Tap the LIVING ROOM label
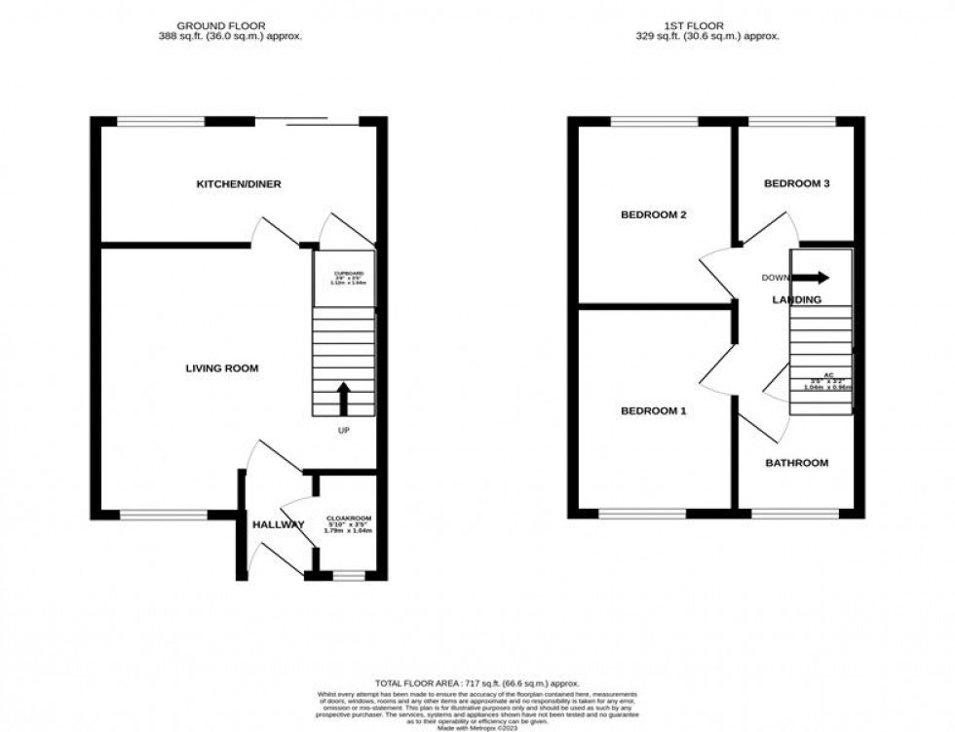click(x=222, y=368)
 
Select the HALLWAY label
click(x=279, y=524)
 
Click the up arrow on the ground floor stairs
click(x=343, y=397)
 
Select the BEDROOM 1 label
click(x=654, y=411)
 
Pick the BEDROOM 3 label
click(x=796, y=183)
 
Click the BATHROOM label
click(x=796, y=463)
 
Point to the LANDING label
click(x=796, y=299)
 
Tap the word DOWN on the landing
click(x=777, y=277)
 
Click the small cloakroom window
click(x=348, y=576)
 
